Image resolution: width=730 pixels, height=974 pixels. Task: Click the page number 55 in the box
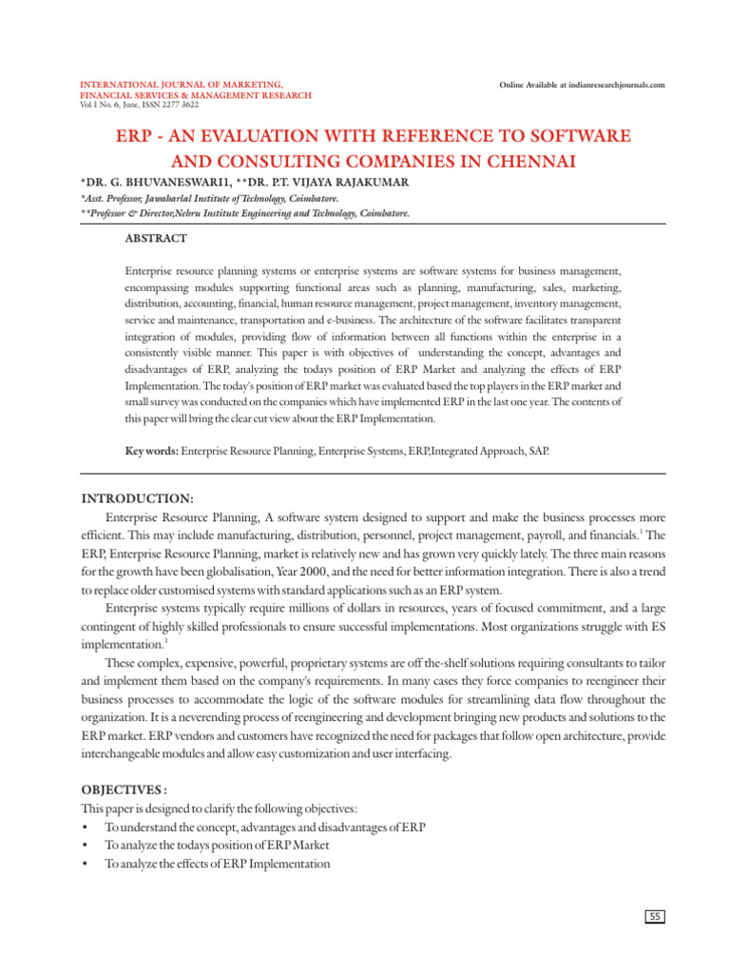point(655,917)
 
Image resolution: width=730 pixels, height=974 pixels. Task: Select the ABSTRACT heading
point(156,239)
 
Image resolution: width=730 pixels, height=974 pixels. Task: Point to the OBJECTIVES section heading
point(125,789)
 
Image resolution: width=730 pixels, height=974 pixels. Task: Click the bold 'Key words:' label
point(152,446)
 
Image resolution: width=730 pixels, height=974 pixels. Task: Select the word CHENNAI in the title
point(522,163)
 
